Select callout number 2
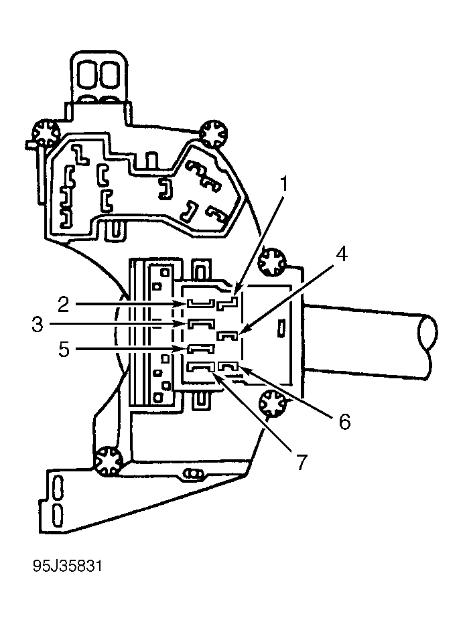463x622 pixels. [x=63, y=305]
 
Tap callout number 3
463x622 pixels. [x=38, y=325]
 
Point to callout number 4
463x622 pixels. [x=342, y=254]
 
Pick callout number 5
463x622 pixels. [x=64, y=349]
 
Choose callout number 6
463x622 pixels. [x=344, y=421]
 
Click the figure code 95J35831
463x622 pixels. [x=68, y=566]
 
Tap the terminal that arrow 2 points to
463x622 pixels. [x=201, y=303]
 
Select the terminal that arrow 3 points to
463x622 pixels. [x=201, y=323]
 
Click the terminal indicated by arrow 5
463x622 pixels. [x=200, y=349]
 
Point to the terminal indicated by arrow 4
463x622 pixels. [x=228, y=335]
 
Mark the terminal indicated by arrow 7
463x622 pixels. [x=200, y=368]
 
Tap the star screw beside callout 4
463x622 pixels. [x=272, y=262]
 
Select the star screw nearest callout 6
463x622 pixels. [x=273, y=404]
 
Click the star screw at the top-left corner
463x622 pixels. [x=45, y=133]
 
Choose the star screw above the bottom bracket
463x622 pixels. [x=108, y=461]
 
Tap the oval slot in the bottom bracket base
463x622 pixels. [x=193, y=474]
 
